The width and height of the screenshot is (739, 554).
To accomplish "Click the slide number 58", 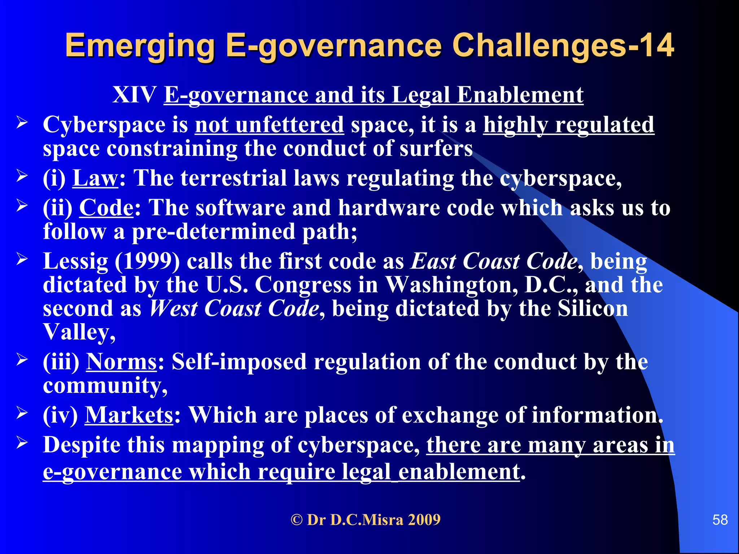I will tap(720, 520).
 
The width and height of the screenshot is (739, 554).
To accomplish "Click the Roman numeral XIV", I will tap(134, 95).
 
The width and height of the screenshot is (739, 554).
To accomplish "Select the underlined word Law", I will tap(95, 178).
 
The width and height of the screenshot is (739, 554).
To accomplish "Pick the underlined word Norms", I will tap(121, 362).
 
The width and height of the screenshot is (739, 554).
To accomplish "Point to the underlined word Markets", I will tap(129, 415).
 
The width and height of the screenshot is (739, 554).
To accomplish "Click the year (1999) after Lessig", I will tap(147, 261).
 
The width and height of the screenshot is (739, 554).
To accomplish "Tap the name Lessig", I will tap(75, 262).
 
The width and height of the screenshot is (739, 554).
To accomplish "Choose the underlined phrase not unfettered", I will tap(269, 125).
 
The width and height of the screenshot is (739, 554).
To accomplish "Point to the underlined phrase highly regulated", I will tap(568, 125).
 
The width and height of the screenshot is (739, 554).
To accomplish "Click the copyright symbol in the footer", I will tap(297, 520).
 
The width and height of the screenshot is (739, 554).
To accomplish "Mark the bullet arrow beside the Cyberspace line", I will tap(22, 123).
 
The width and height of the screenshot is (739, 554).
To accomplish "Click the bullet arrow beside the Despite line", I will tap(22, 443).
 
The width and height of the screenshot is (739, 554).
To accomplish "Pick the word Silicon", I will tap(592, 309).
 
